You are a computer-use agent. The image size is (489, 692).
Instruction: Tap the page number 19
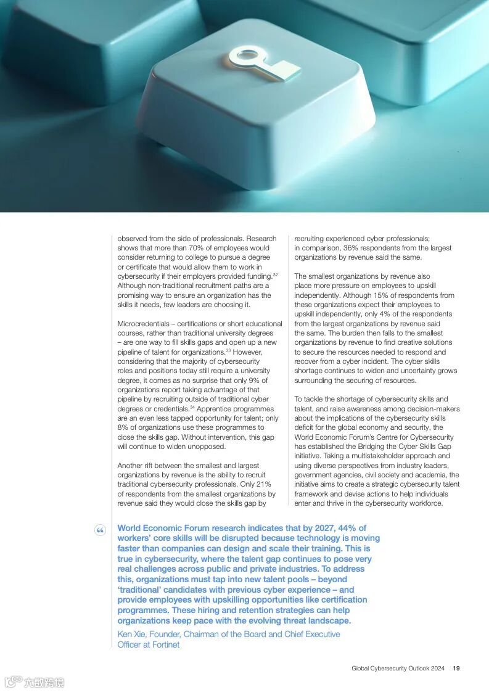click(456, 668)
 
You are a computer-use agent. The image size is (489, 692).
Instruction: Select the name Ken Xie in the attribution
click(132, 634)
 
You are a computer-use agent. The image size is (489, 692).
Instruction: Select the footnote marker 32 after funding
click(275, 274)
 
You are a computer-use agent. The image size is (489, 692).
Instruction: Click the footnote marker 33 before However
click(228, 350)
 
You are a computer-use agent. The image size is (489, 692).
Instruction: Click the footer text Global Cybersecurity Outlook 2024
click(398, 668)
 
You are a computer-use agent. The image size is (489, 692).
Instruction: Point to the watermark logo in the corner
click(35, 682)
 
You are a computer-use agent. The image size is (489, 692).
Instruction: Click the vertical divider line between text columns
click(289, 370)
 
